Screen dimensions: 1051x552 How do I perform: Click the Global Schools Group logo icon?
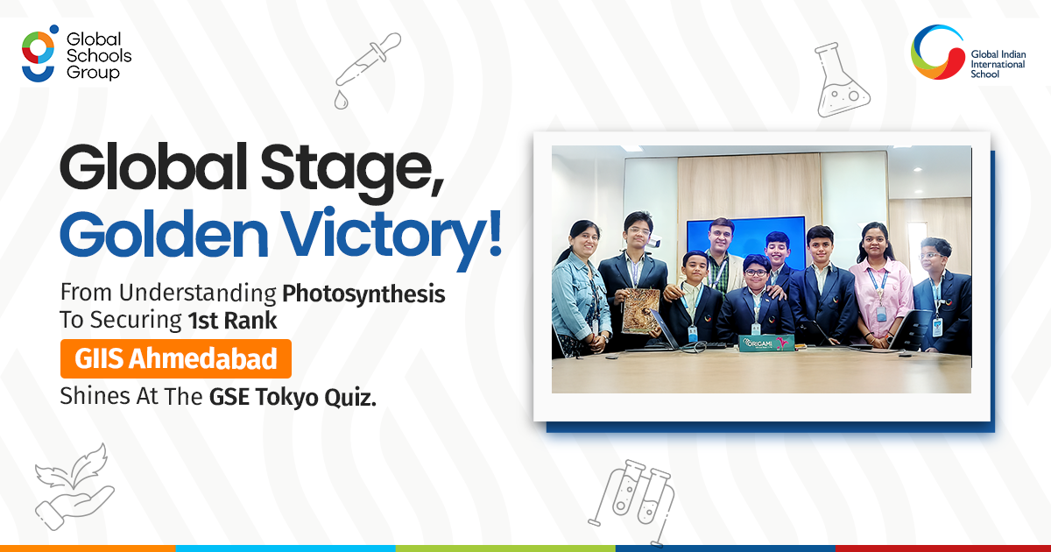[39, 53]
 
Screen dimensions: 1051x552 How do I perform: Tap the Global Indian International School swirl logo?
[937, 52]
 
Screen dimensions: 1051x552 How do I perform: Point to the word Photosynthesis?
[363, 294]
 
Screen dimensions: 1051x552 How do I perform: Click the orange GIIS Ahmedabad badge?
[176, 358]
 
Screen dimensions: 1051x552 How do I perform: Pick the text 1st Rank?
[232, 321]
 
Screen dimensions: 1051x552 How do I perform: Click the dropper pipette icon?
[369, 60]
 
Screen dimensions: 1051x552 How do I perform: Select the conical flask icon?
[842, 80]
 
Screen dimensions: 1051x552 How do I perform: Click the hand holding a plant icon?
[74, 487]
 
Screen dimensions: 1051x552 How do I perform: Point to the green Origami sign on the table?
[766, 343]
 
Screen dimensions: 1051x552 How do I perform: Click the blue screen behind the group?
[746, 238]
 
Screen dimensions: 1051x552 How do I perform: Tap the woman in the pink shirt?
[881, 286]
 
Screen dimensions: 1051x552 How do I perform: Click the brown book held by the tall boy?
[640, 310]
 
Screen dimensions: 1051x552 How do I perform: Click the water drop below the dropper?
[341, 100]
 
